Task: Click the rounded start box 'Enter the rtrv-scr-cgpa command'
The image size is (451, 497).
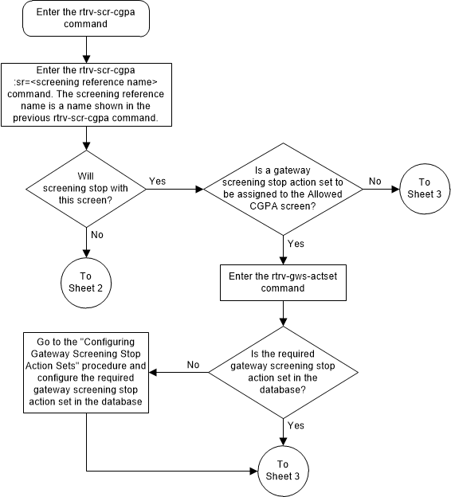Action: pos(84,18)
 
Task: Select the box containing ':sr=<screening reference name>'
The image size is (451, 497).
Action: pos(84,93)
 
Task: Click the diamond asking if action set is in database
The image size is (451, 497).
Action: pos(284,371)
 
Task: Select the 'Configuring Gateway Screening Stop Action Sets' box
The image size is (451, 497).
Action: pos(84,370)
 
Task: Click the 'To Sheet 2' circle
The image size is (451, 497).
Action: pos(84,280)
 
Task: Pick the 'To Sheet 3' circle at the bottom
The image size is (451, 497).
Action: pos(284,470)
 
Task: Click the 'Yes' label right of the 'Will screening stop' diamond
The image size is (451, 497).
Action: pos(158,182)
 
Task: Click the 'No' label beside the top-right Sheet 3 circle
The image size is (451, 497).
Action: pos(374,182)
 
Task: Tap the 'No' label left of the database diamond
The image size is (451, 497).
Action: pos(192,364)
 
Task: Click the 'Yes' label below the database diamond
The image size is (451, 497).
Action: pos(295,425)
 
